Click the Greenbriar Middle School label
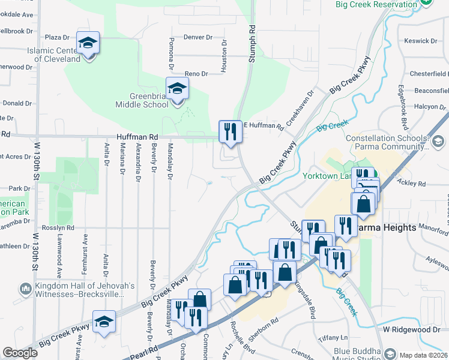(142, 100)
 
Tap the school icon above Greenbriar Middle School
(177, 89)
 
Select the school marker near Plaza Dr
(88, 43)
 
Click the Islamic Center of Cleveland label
(53, 55)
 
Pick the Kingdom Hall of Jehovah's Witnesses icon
(25, 289)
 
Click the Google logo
(20, 353)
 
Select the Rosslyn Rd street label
(62, 228)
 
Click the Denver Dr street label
(198, 37)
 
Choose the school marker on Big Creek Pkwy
(104, 321)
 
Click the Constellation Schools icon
(438, 142)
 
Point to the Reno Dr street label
(196, 74)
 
